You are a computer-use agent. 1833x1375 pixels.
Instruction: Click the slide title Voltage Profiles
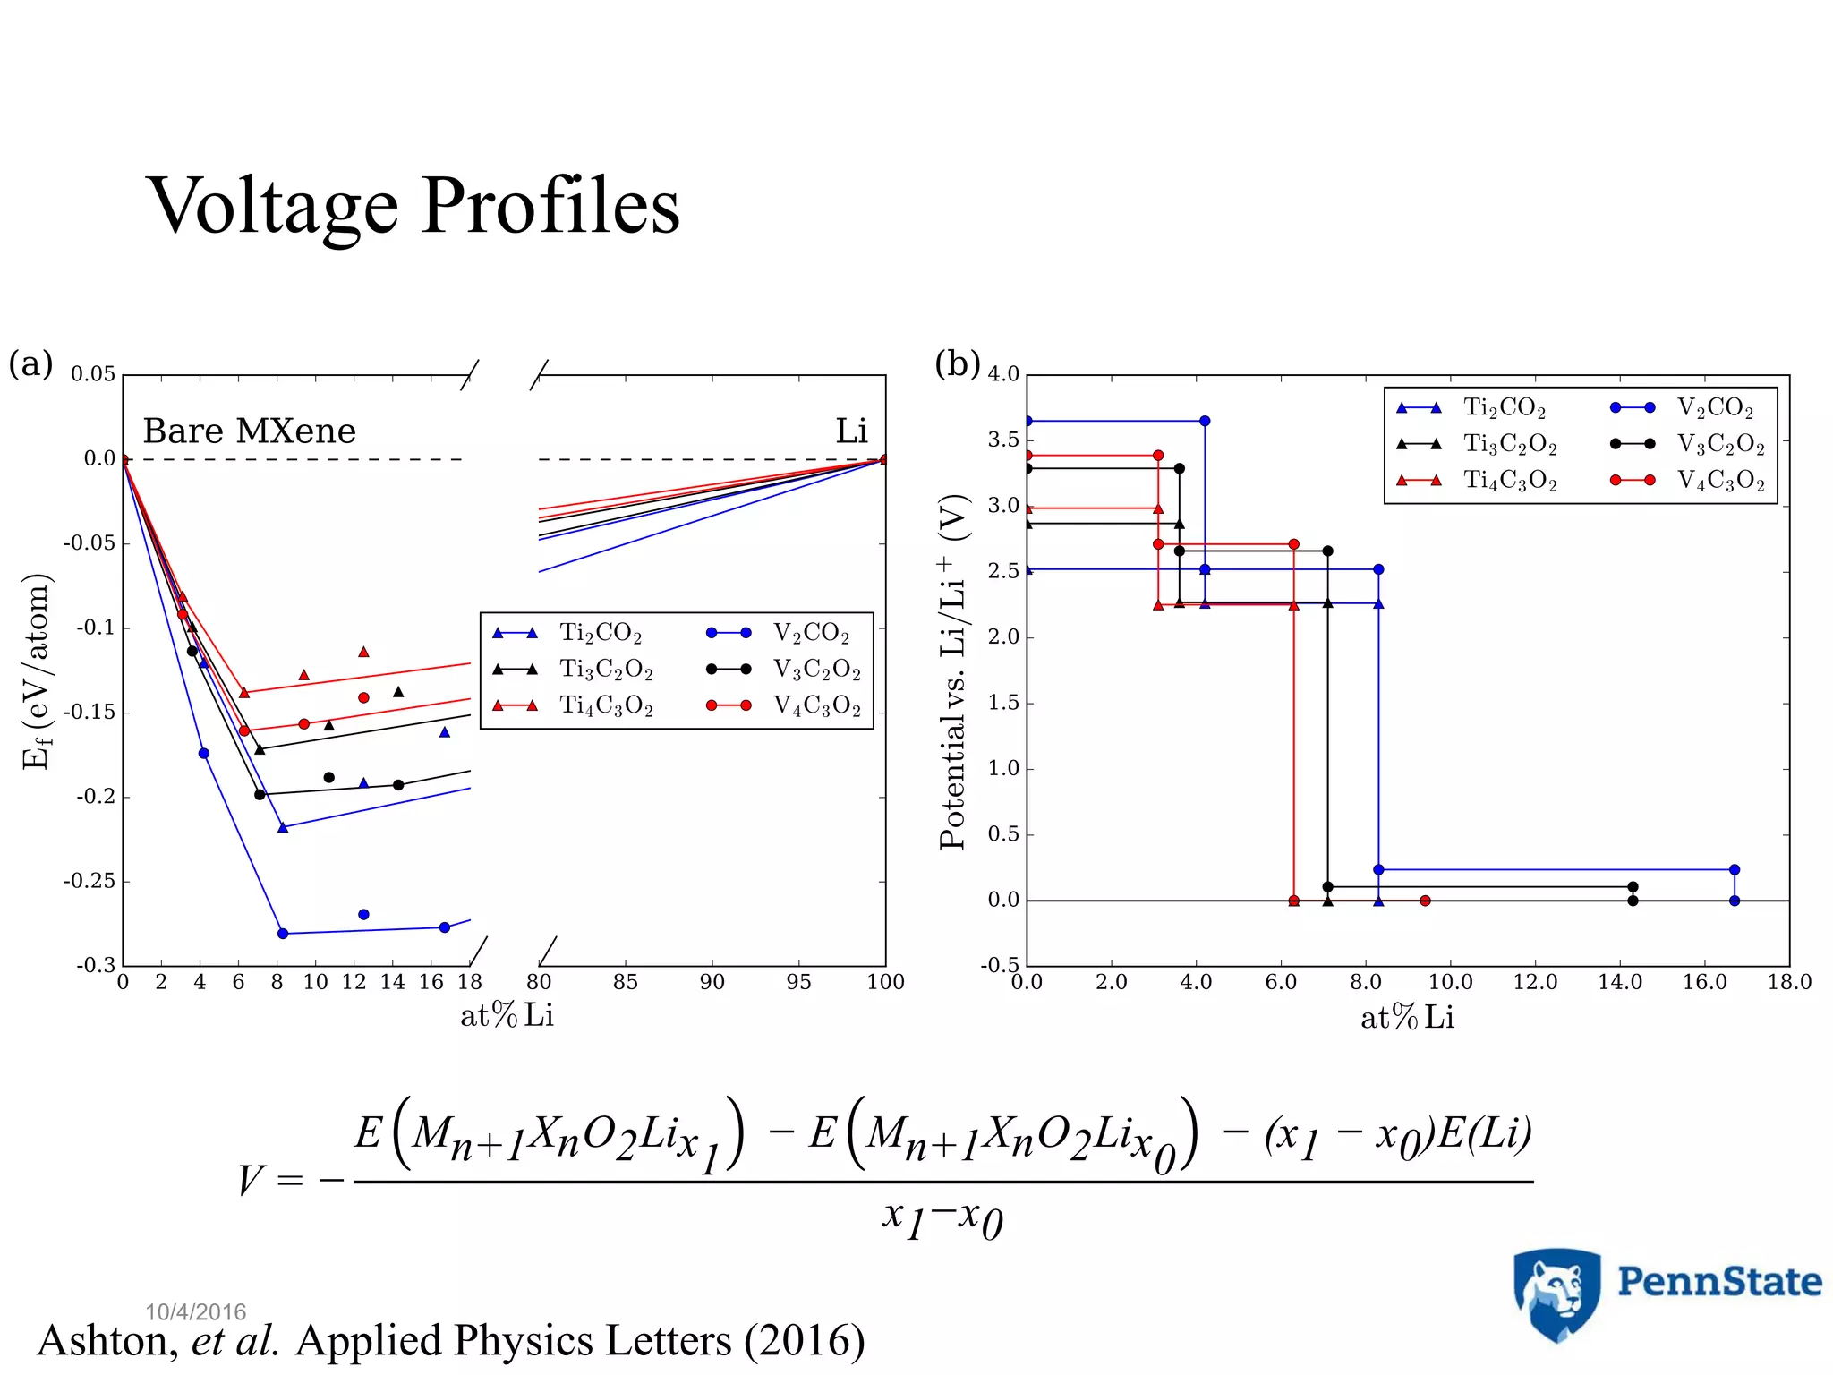pyautogui.click(x=413, y=207)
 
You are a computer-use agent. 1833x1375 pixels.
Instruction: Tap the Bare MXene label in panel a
pyautogui.click(x=249, y=431)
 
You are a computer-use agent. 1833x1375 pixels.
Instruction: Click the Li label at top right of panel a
pyautogui.click(x=851, y=431)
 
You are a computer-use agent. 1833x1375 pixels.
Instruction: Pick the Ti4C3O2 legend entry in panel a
pyautogui.click(x=605, y=706)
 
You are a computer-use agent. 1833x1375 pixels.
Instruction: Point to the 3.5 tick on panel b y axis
pyautogui.click(x=1003, y=440)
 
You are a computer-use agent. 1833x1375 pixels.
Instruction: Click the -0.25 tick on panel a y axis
pyautogui.click(x=90, y=882)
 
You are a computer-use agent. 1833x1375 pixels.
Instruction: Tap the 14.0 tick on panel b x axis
pyautogui.click(x=1620, y=983)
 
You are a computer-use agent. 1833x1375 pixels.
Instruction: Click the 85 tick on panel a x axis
pyautogui.click(x=625, y=983)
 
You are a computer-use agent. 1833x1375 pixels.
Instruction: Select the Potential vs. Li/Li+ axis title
pyautogui.click(x=954, y=671)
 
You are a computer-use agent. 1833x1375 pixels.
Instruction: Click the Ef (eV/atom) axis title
pyautogui.click(x=36, y=671)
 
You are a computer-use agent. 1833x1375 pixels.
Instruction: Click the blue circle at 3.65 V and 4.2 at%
pyautogui.click(x=1205, y=421)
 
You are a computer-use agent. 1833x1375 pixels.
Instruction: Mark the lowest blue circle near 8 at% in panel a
pyautogui.click(x=283, y=934)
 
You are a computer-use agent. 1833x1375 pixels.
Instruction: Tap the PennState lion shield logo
pyautogui.click(x=1556, y=1293)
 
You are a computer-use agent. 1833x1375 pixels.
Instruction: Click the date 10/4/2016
pyautogui.click(x=195, y=1312)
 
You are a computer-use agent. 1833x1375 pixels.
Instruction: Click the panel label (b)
pyautogui.click(x=957, y=363)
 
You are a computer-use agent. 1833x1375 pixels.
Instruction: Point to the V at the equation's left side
pyautogui.click(x=251, y=1180)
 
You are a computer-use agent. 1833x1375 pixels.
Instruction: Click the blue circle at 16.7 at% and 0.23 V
pyautogui.click(x=1735, y=870)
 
